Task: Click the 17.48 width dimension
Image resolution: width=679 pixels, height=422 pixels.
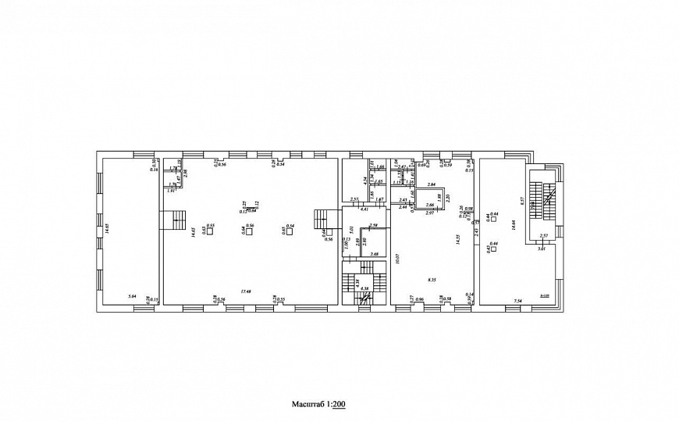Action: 246,291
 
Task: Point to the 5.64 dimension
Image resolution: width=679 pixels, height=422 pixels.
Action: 132,295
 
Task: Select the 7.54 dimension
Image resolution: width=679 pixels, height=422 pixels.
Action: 517,300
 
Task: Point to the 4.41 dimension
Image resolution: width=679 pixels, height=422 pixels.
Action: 364,210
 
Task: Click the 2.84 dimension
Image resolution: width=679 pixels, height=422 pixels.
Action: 430,185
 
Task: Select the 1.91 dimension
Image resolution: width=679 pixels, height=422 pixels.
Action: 171,191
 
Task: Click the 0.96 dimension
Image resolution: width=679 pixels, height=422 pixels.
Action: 419,300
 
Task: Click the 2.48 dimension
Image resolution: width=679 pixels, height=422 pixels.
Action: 375,254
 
